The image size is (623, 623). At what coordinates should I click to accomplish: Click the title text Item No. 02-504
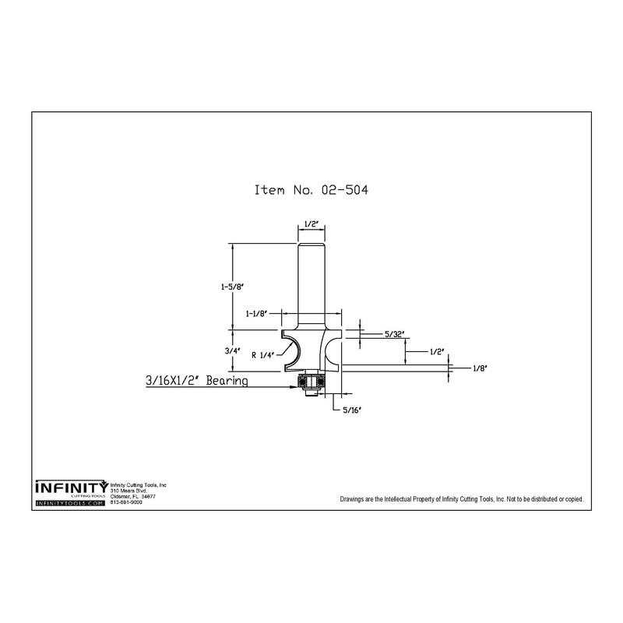coord(311,189)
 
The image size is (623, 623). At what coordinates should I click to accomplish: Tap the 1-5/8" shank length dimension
coord(232,287)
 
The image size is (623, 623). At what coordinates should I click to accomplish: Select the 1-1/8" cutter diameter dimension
coord(256,314)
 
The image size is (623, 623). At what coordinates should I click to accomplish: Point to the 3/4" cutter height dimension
coord(232,351)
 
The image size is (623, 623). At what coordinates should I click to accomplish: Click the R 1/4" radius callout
coord(262,355)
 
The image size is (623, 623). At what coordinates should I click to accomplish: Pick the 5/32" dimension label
coord(395,334)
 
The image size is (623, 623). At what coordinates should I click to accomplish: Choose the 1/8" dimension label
coord(480,368)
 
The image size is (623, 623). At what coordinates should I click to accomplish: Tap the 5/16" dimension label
coord(352,410)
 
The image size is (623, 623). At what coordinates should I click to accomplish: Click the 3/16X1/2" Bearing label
coord(197,381)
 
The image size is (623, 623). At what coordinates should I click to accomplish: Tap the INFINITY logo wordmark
coord(72,487)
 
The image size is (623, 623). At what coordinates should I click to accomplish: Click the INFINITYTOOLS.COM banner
coord(70,503)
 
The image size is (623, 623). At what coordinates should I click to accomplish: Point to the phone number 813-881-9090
coord(126,502)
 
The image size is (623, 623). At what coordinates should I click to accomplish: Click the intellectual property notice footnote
coord(462,499)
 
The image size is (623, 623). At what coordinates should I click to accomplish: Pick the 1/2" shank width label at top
coord(312,224)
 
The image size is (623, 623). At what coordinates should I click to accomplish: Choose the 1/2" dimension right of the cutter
coord(437,352)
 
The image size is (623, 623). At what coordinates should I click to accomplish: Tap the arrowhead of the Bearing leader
coord(295,386)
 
